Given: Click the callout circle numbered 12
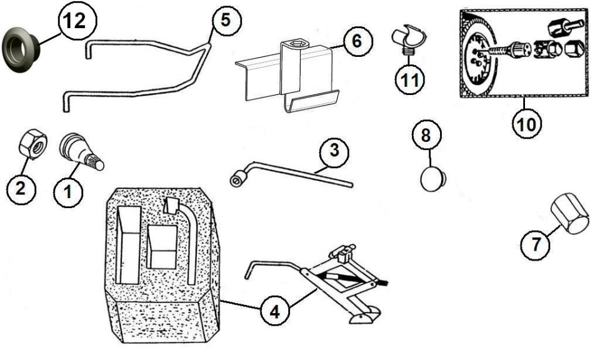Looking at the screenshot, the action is click(77, 21).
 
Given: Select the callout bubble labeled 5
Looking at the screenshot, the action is click(226, 20).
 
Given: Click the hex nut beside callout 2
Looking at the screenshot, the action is click(33, 144).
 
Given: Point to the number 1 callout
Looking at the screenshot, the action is click(69, 192).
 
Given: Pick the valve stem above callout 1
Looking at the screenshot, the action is click(81, 152).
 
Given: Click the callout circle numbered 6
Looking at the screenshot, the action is click(357, 41).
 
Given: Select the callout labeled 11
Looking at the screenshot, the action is click(410, 79).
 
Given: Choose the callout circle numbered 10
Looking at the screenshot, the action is click(526, 124).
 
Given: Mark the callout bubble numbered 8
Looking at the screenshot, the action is click(426, 135).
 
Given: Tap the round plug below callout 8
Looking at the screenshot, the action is click(434, 178).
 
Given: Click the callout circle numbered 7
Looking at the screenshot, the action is click(536, 244).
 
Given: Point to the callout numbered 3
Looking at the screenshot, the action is click(334, 151).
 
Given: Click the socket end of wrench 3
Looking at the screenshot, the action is click(237, 179).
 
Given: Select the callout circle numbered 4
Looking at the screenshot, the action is click(275, 312).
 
